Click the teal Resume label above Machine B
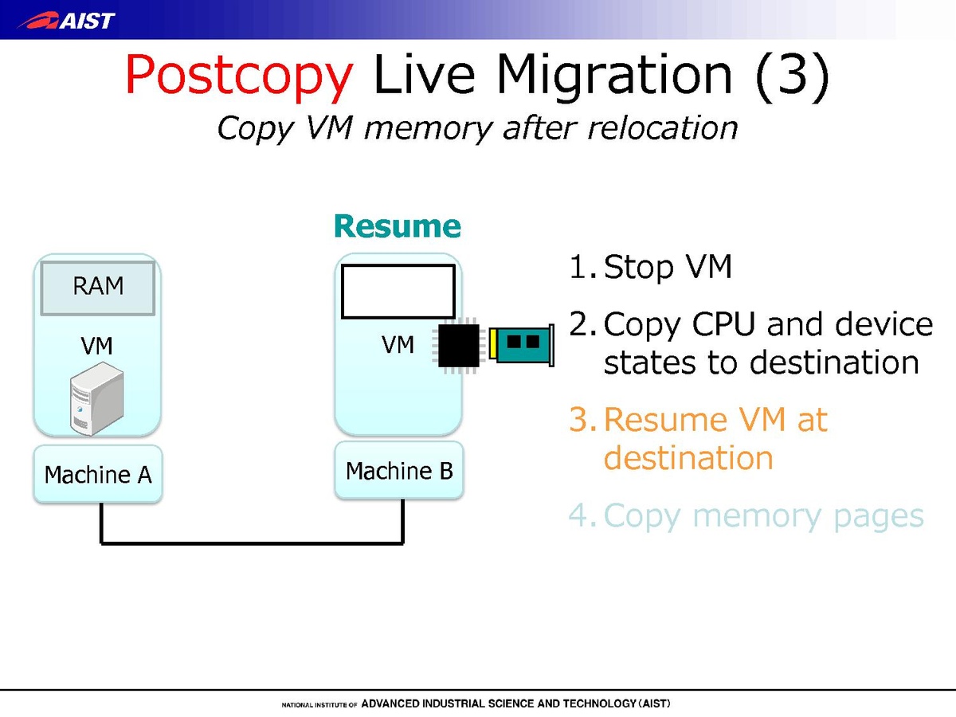398,226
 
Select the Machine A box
98,475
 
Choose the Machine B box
399,471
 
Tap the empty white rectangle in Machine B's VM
398,292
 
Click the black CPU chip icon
459,345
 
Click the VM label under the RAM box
96,346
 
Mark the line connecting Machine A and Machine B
252,543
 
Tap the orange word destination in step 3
688,458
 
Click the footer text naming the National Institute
476,704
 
